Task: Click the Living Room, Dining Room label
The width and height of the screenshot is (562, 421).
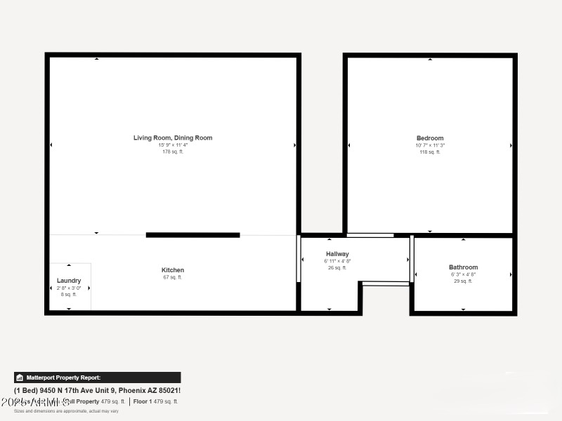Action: point(173,138)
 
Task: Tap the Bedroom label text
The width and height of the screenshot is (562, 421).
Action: point(430,138)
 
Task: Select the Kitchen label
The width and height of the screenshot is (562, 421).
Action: point(173,270)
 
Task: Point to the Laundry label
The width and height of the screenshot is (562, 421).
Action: point(69,281)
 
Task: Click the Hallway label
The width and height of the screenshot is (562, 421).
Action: point(337,254)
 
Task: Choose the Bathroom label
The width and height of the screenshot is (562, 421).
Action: point(463,267)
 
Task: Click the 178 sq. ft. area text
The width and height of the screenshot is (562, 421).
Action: point(173,152)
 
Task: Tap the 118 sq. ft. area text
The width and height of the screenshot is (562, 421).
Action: point(430,152)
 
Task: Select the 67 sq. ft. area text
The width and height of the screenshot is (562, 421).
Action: point(173,277)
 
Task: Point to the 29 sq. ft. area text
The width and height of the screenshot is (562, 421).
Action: point(463,281)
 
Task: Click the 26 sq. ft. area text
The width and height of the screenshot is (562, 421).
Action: point(337,267)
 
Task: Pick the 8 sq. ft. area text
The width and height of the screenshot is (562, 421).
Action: point(69,295)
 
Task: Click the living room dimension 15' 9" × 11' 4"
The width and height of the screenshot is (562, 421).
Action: point(173,145)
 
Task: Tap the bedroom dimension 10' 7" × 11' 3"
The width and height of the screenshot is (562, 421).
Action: point(430,145)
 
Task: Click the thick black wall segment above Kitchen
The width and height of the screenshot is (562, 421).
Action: point(192,235)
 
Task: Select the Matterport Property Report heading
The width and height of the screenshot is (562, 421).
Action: point(63,377)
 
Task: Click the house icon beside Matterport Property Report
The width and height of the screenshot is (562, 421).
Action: point(20,377)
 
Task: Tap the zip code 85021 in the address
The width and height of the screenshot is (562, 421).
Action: point(169,390)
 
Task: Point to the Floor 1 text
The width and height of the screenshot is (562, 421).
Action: point(142,401)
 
